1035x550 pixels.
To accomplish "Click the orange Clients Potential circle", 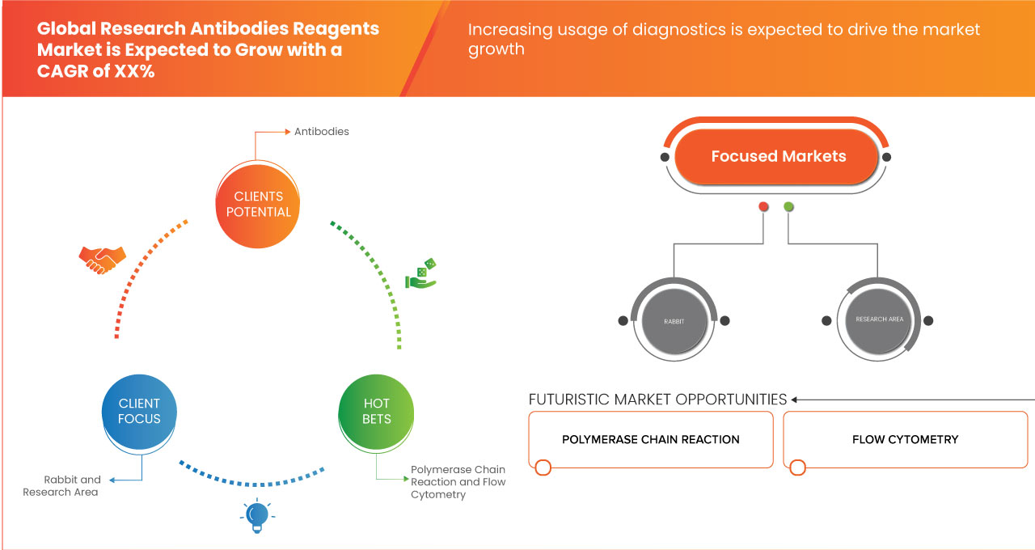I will [x=258, y=204].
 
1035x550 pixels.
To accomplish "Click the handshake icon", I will [x=102, y=260].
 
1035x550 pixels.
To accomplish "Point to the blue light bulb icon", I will [x=257, y=515].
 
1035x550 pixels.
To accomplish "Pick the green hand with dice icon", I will [x=420, y=274].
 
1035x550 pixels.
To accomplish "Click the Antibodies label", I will [x=321, y=131].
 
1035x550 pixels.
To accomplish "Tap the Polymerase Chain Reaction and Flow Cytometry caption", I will [x=458, y=481].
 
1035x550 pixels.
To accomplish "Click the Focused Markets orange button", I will [x=778, y=157].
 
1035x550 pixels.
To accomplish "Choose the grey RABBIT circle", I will [x=674, y=320].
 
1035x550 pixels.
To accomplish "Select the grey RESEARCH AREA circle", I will [x=879, y=319].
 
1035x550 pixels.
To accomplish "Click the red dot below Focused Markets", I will [x=763, y=207].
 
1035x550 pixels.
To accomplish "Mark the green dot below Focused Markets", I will [x=789, y=207].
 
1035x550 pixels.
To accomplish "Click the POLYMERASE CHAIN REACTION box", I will [x=650, y=439].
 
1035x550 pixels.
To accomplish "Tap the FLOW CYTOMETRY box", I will [x=905, y=439].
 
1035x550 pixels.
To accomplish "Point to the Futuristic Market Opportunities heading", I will [x=657, y=400].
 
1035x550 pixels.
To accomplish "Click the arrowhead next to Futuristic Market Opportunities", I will [x=795, y=400].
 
